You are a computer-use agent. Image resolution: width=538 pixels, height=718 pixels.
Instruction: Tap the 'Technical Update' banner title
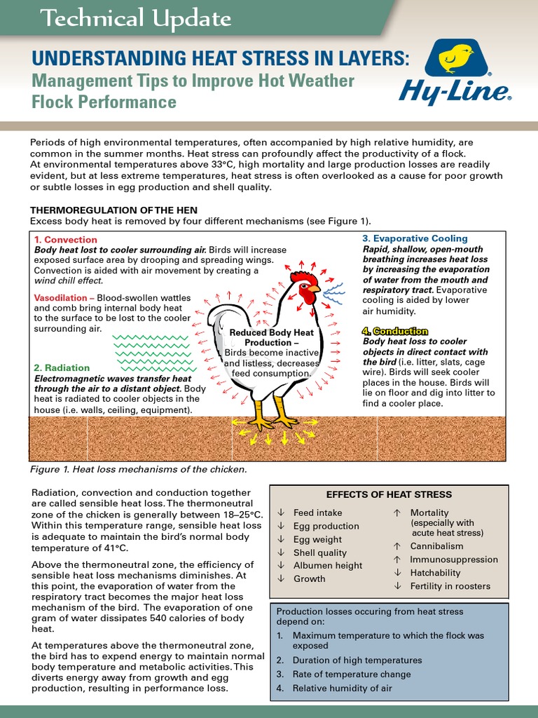tap(136, 19)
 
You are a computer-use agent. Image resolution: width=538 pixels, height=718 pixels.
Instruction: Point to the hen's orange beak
tap(315, 288)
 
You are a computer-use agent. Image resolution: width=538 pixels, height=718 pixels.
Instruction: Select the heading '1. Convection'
tap(66, 240)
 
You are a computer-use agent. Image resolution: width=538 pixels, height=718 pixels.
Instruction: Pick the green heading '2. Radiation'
tap(62, 367)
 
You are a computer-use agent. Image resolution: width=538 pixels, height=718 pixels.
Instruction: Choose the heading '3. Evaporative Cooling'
tap(415, 238)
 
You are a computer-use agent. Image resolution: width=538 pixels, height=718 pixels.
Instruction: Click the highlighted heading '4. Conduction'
tap(395, 331)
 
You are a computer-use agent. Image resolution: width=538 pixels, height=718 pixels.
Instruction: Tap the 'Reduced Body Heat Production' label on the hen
tap(273, 337)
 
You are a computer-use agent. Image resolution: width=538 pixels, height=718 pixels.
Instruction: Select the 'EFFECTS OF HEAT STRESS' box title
tap(389, 494)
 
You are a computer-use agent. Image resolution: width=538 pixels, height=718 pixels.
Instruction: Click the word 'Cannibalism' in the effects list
tap(436, 546)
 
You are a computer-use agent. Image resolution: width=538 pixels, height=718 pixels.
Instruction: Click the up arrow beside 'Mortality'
tap(397, 513)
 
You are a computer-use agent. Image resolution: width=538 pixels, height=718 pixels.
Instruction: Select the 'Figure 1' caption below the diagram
tap(139, 469)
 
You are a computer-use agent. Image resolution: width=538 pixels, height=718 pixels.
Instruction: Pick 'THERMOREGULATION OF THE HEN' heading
tap(113, 210)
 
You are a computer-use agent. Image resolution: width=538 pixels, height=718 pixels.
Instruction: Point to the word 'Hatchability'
tap(436, 572)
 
